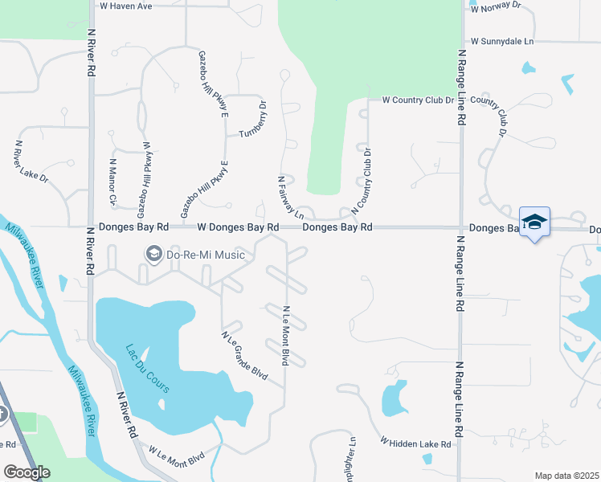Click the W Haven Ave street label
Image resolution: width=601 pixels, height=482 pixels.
point(125,6)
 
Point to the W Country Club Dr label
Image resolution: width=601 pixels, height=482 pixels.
point(418,100)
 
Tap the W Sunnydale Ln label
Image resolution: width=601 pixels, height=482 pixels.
point(502,41)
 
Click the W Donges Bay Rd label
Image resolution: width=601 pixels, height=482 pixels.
point(238,228)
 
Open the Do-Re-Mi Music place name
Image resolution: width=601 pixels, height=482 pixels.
point(205,255)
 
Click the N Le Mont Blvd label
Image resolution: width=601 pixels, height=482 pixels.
point(284,336)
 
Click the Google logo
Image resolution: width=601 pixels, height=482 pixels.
point(27,472)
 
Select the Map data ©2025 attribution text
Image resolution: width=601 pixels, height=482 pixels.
point(567,476)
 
